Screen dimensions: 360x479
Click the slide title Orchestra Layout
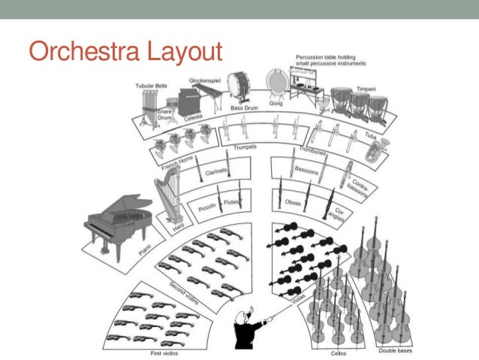coord(125,53)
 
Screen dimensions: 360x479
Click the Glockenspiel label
coord(203,80)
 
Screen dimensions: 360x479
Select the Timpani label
coord(366,88)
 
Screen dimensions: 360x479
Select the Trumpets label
coord(245,147)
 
